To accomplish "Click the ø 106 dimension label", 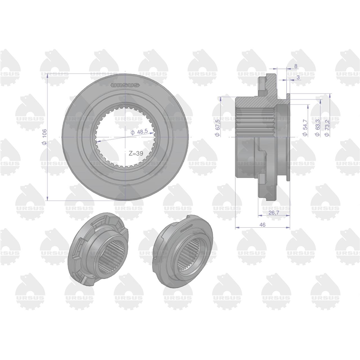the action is pos(45,137).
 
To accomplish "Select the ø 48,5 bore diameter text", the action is pos(139,132).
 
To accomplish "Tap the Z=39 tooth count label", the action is pos(136,153).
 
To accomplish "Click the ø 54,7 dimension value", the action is pos(305,128).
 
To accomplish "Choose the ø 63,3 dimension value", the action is pos(318,128).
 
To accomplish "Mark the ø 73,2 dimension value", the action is pos(327,128).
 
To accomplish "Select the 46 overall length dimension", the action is pos(262,225).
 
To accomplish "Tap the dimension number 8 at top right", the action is pos(296,66).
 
